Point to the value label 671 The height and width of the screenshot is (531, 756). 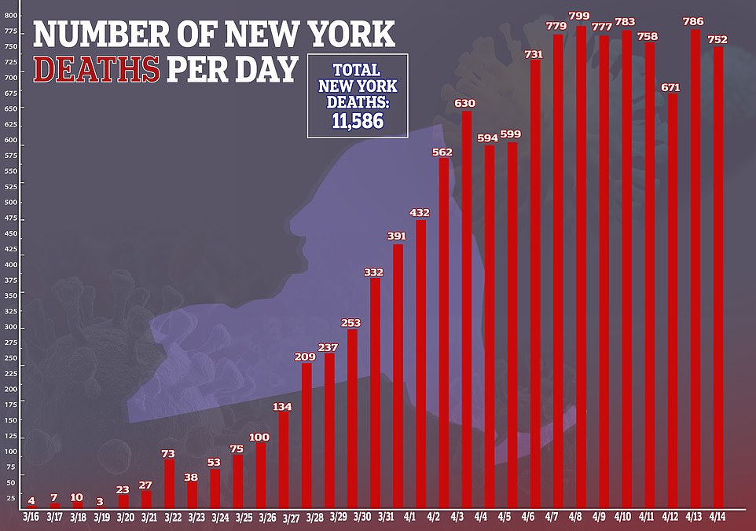(671, 87)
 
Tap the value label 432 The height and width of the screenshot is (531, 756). (420, 213)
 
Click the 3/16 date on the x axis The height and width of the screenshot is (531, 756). (31, 518)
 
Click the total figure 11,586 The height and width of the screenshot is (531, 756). (357, 121)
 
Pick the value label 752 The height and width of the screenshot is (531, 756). (717, 40)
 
